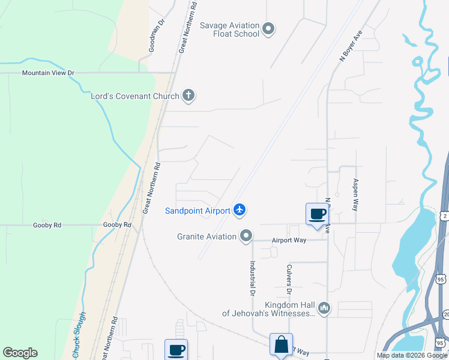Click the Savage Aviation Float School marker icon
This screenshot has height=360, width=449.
point(268,28)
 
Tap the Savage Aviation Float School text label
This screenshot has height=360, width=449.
point(229,29)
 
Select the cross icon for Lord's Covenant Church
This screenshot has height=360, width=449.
point(188,95)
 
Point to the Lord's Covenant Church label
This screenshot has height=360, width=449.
point(134,96)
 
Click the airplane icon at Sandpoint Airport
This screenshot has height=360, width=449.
point(240,209)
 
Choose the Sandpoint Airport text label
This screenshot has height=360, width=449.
point(197,211)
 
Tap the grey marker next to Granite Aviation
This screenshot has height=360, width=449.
point(246,236)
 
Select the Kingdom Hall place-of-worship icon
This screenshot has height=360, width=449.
point(324,308)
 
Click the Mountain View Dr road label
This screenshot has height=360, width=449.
point(48,73)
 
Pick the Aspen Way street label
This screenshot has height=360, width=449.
point(355,194)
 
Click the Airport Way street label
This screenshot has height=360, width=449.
point(289,240)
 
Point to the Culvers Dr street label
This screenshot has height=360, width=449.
point(289,279)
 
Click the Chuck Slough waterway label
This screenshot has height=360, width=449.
point(79,335)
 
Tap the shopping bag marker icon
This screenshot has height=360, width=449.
point(281,344)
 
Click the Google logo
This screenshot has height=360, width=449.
point(20,353)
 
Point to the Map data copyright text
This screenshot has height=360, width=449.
point(411,355)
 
